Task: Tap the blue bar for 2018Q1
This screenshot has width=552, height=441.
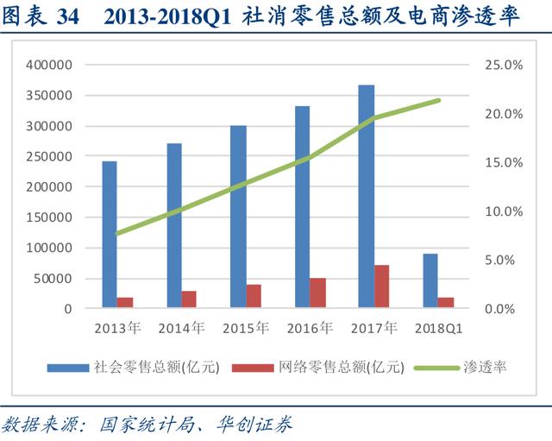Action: point(430,280)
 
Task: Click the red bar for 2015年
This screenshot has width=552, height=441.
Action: point(254,296)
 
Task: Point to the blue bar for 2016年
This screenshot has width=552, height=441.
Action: point(303,207)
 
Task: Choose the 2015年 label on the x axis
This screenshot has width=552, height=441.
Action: point(246,329)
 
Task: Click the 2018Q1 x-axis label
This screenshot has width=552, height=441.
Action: point(439,329)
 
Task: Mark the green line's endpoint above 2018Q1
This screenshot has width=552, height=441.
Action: point(439,100)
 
